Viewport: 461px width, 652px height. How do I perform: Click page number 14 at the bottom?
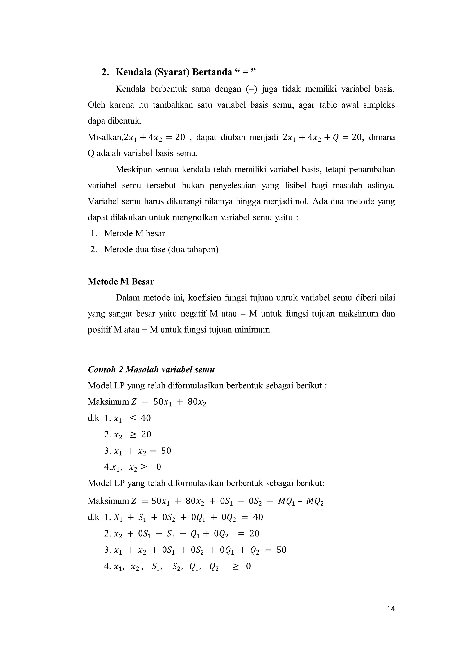pyautogui.click(x=391, y=609)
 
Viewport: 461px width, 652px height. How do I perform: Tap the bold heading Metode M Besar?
pyautogui.click(x=121, y=282)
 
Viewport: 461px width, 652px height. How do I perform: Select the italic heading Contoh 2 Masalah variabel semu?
pyautogui.click(x=151, y=369)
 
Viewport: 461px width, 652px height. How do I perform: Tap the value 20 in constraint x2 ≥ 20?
pyautogui.click(x=146, y=434)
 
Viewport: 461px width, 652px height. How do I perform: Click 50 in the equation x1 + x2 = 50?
pyautogui.click(x=166, y=451)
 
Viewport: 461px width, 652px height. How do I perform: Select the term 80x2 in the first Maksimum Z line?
pyautogui.click(x=197, y=402)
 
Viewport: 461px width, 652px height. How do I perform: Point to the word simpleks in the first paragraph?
pyautogui.click(x=382, y=105)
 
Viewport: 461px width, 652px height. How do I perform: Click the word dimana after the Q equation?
pyautogui.click(x=382, y=137)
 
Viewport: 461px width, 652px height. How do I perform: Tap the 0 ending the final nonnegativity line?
pyautogui.click(x=248, y=566)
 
